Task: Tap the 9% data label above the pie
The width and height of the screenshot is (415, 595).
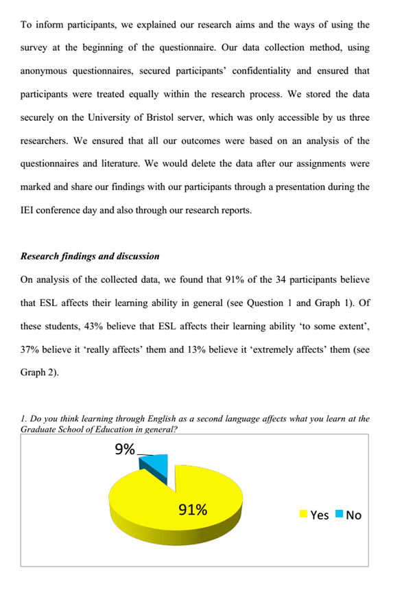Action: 124,450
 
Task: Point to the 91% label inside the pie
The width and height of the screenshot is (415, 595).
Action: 193,509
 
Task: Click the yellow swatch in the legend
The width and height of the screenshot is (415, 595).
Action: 303,514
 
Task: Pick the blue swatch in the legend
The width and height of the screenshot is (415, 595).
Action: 339,514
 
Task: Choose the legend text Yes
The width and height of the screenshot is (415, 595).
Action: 320,515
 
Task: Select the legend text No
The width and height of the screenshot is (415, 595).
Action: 354,515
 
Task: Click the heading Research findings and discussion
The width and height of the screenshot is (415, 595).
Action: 90,256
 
